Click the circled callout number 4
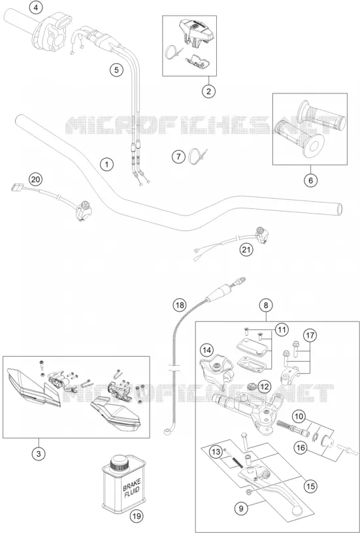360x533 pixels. [36, 7]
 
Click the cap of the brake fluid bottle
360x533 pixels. [120, 462]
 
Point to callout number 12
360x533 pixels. [265, 386]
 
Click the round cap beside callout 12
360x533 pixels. [252, 386]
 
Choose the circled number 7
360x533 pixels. [178, 157]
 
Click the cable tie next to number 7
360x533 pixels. [197, 156]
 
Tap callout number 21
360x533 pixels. [246, 250]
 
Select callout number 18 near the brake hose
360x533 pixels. [180, 305]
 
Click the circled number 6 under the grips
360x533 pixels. [310, 180]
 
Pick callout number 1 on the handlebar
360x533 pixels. [107, 165]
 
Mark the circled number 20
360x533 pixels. [35, 179]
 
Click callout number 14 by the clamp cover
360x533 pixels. [207, 349]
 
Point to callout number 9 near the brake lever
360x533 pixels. [241, 509]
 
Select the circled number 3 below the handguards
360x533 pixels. [39, 454]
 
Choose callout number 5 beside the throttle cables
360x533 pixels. [116, 71]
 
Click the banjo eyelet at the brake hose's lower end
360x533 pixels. [167, 432]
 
